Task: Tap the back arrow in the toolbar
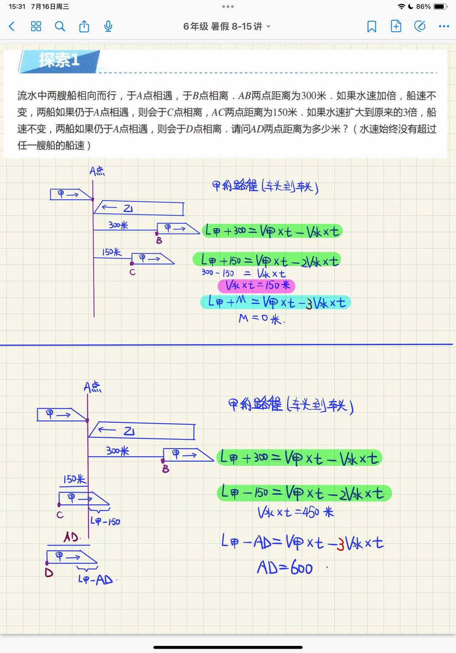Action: click(12, 27)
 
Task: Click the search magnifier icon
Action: click(60, 27)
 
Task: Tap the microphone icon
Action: click(108, 27)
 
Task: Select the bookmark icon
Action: click(372, 27)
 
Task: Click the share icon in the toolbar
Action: click(84, 27)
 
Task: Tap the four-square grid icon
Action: click(36, 27)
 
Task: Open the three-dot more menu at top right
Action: click(444, 27)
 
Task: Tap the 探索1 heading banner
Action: click(60, 60)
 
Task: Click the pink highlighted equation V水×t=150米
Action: click(257, 286)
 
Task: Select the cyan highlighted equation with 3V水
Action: click(276, 302)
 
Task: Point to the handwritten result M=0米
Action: click(261, 318)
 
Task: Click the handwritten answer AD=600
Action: click(285, 568)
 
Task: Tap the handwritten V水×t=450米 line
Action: click(296, 513)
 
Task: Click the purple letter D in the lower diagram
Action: click(49, 573)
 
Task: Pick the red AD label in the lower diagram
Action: click(71, 537)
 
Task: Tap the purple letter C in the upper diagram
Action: click(133, 272)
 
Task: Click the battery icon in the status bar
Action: click(440, 7)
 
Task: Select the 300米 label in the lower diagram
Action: click(117, 451)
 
